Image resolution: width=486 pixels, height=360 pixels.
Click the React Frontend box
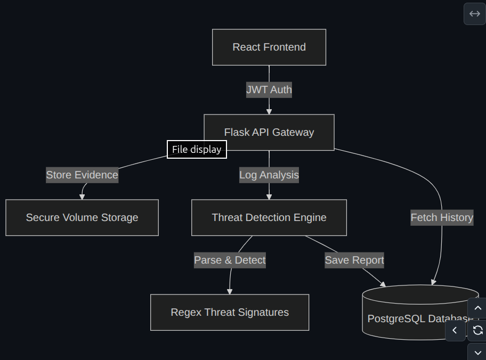pos(269,47)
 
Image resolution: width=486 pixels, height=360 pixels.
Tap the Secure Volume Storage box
pos(82,217)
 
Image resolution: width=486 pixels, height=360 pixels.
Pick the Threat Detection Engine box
pos(269,217)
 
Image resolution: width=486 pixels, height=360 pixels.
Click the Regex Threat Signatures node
pos(230,312)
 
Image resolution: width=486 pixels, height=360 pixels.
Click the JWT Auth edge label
pos(269,89)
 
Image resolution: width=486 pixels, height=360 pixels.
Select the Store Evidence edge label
pos(82,175)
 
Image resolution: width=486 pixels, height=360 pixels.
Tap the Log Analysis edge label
pos(269,175)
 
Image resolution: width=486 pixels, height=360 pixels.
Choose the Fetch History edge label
pos(442,217)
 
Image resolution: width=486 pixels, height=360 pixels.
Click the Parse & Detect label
pos(230,260)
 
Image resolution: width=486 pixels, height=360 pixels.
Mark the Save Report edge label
pos(354,260)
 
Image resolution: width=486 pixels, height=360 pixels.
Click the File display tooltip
pos(197,150)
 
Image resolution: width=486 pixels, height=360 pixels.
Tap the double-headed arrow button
pos(475,14)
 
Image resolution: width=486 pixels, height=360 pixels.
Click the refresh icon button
pos(478,330)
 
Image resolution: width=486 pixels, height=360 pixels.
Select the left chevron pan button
pos(455,330)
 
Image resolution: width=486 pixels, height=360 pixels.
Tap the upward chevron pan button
pos(478,308)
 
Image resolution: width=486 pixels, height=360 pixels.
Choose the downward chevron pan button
pos(478,352)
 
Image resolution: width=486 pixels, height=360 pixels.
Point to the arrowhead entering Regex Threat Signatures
pos(230,291)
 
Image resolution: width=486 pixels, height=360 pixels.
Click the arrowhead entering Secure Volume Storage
pos(82,197)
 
